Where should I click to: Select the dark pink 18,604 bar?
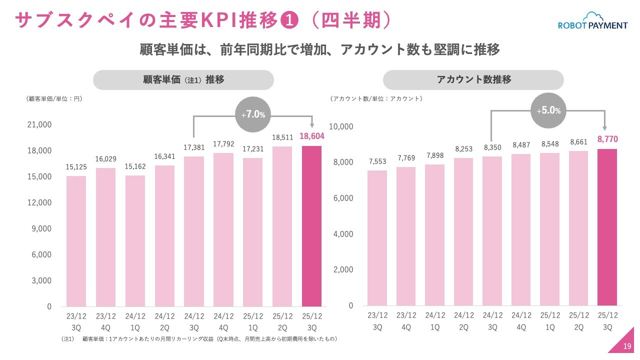coord(311,226)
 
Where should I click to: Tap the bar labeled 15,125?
coord(76,241)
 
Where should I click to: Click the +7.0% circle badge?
coord(253,114)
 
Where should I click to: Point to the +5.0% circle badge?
coord(548,110)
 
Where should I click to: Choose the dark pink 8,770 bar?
coord(607,227)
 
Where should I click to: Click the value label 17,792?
coord(223,144)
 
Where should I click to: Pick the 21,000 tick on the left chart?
coord(39,124)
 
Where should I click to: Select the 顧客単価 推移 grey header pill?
coord(183,80)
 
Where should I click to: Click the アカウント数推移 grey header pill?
coord(473,80)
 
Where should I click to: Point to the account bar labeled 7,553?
coord(377,238)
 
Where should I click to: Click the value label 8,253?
coord(464,149)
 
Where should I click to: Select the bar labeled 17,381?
coord(194,231)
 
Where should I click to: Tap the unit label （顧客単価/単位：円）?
coord(53,98)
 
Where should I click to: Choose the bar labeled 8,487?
coord(521,229)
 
